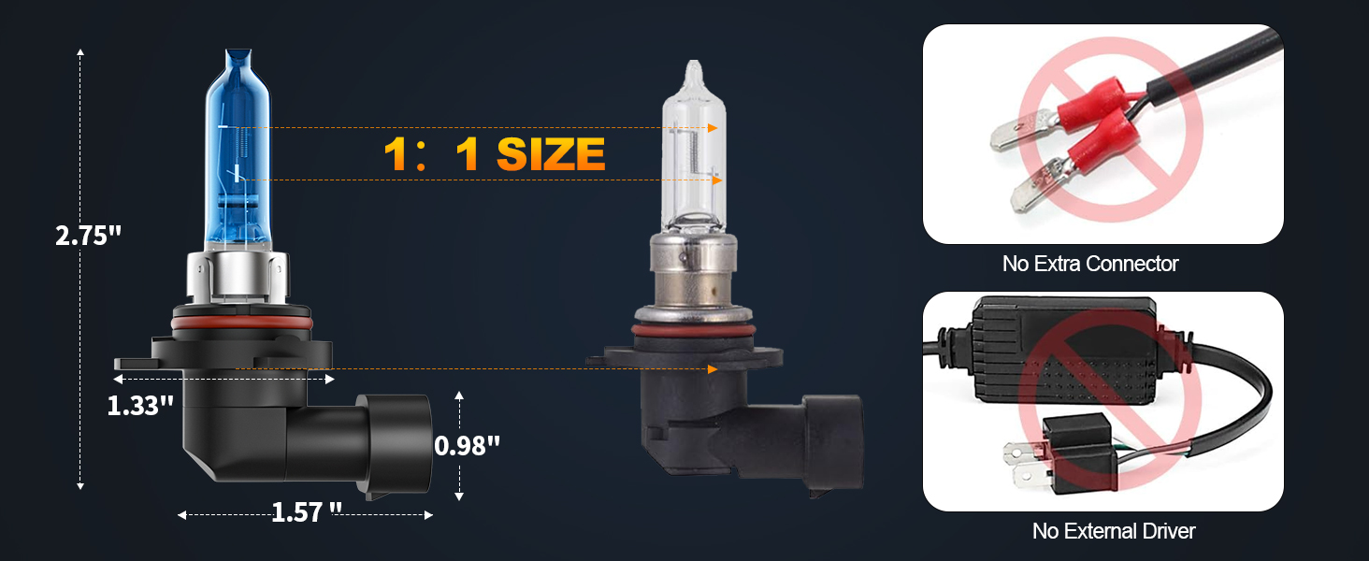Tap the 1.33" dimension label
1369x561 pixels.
click(141, 406)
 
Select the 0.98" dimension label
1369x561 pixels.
click(468, 446)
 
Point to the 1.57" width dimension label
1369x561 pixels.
click(307, 512)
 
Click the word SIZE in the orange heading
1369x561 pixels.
click(551, 153)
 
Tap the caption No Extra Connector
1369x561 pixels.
click(1090, 264)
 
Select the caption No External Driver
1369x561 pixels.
click(1114, 531)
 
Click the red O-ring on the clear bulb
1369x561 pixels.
click(692, 330)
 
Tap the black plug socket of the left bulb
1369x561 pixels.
click(393, 444)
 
